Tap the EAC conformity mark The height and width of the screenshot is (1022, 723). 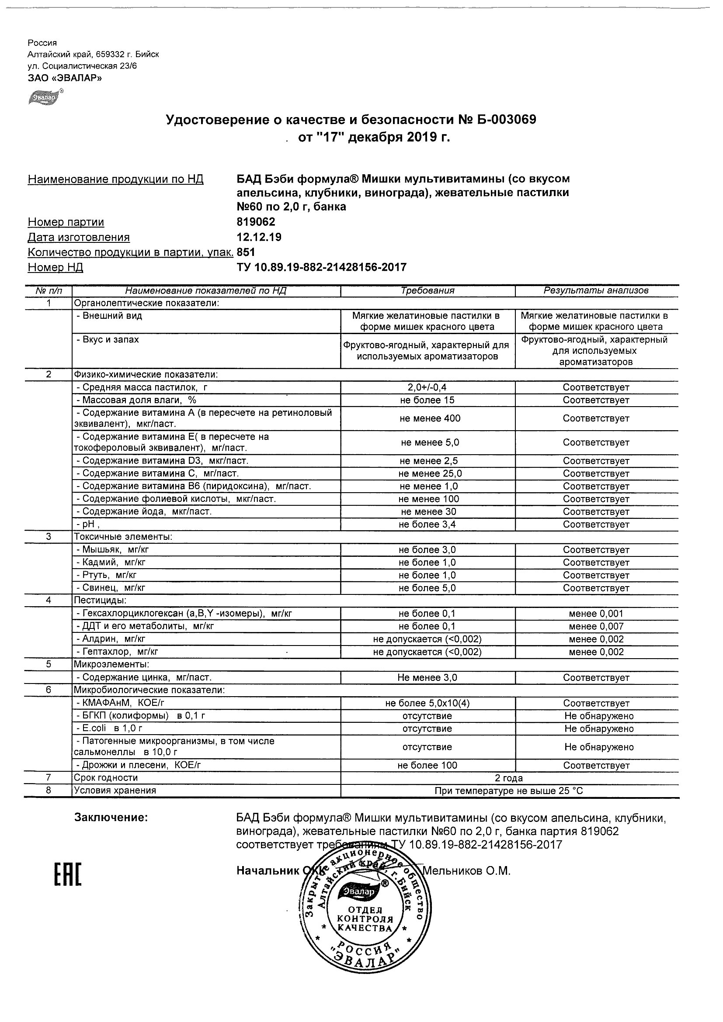[68, 874]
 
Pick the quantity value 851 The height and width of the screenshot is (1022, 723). [246, 252]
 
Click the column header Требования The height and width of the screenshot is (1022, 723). [428, 291]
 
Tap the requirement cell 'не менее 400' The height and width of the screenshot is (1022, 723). [428, 418]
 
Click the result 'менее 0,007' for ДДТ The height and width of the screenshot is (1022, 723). [596, 626]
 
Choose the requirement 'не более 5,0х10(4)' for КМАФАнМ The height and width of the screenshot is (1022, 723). [428, 703]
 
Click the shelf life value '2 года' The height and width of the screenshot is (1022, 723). [509, 777]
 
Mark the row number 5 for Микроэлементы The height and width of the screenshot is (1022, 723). [49, 665]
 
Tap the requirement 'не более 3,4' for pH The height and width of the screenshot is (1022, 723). [428, 525]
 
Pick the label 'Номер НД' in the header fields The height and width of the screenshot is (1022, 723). [55, 268]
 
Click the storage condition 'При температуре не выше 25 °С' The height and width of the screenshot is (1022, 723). [509, 791]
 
